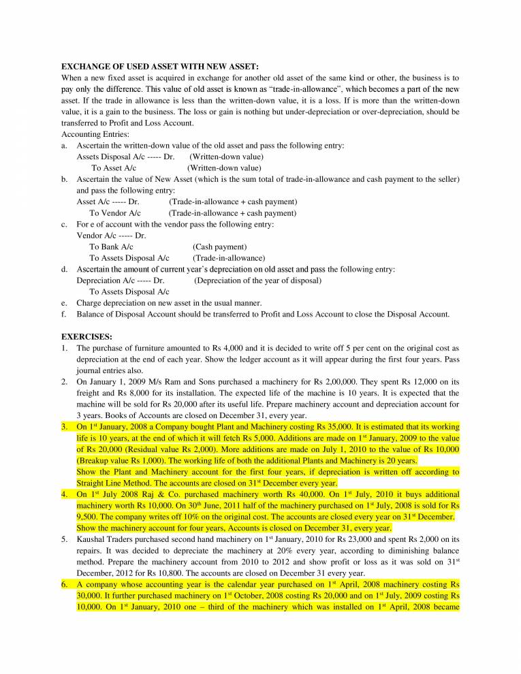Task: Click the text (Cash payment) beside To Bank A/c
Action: tap(219, 246)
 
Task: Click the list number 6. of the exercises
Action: tap(65, 584)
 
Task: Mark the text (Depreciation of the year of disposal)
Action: tap(257, 280)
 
